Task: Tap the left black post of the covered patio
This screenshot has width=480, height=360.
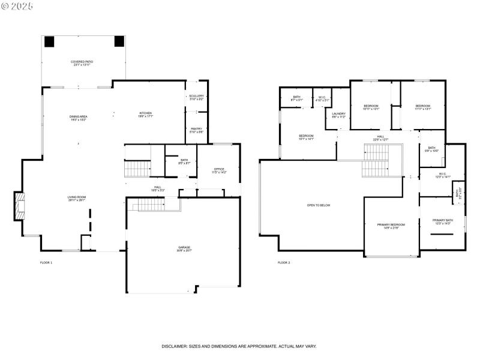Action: tap(49, 41)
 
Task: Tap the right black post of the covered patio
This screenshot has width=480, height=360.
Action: tap(119, 41)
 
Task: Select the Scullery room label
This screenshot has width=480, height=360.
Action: tap(196, 97)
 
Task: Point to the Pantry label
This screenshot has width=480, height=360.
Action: tap(196, 130)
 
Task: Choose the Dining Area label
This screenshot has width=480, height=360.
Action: tap(78, 118)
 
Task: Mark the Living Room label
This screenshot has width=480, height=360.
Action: tap(76, 199)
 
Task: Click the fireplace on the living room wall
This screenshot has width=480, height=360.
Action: tap(20, 206)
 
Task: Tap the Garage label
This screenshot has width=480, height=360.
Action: tap(184, 248)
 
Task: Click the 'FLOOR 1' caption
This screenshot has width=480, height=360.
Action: tap(46, 263)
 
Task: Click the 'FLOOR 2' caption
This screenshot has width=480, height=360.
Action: tap(284, 263)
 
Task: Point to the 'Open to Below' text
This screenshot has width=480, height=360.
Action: tap(319, 205)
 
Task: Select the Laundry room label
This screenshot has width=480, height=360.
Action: tap(339, 115)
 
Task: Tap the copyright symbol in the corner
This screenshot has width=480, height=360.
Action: tap(5, 5)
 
